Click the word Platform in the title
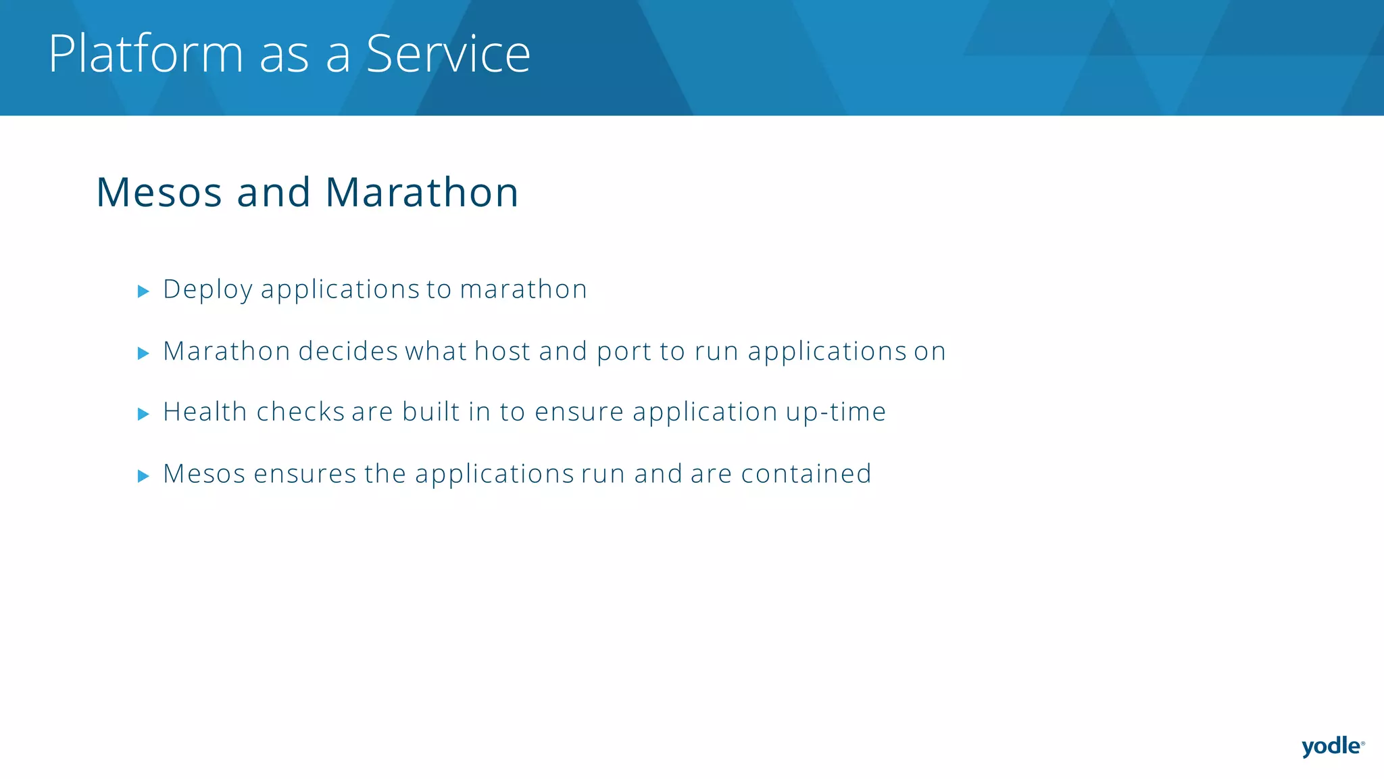[x=145, y=54]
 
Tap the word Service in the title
[x=448, y=54]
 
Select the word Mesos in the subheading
[x=159, y=193]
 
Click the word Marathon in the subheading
[x=422, y=193]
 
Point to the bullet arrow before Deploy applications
[x=143, y=291]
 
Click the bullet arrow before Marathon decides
[x=143, y=353]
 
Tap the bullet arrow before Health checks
[x=143, y=414]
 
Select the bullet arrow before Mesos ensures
[x=143, y=476]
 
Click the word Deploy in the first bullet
[x=208, y=290]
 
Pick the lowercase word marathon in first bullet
[x=523, y=289]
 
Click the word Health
[x=205, y=412]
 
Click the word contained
[x=806, y=474]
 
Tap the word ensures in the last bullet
[x=305, y=475]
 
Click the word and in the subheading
[x=273, y=193]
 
